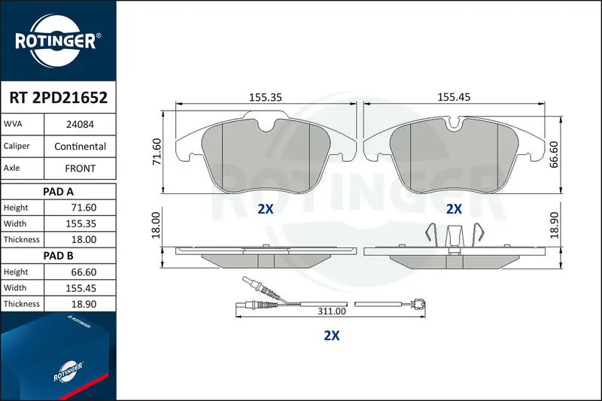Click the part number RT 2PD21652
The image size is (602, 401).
point(59,98)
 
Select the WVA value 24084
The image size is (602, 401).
point(80,124)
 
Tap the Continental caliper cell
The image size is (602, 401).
point(80,146)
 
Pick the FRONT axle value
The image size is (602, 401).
point(80,168)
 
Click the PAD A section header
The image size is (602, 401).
point(58,192)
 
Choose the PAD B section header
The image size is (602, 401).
point(58,256)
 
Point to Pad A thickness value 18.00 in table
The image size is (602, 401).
point(84,239)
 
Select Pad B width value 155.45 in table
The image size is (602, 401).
point(81,288)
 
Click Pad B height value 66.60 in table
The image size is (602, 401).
point(84,272)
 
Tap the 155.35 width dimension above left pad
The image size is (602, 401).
point(266,98)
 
